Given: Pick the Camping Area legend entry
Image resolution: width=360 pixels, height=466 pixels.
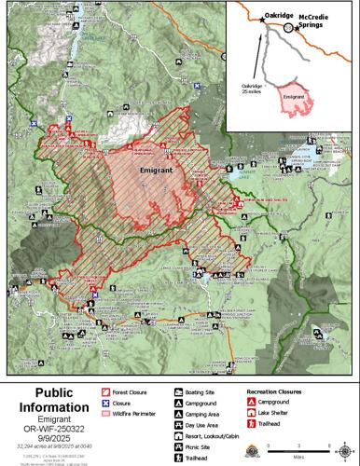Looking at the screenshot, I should pyautogui.click(x=206, y=414).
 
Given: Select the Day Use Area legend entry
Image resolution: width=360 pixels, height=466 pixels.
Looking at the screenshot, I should pyautogui.click(x=205, y=424).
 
